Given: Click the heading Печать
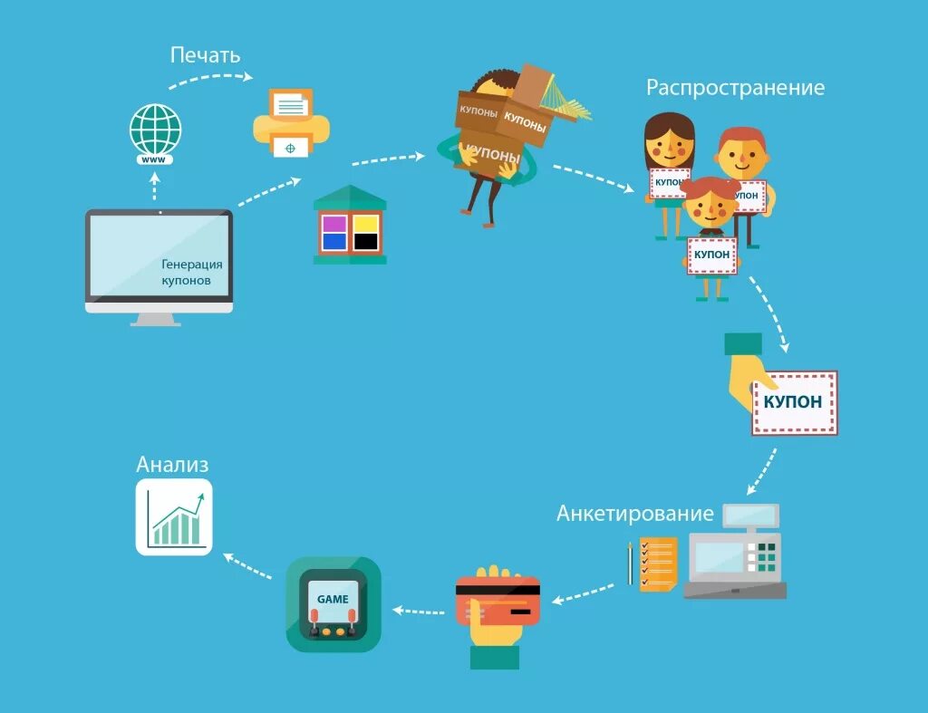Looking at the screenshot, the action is click(205, 55).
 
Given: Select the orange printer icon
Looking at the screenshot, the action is click(291, 121).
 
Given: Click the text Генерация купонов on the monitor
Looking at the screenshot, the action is click(191, 272).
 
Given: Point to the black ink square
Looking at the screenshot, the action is click(364, 241).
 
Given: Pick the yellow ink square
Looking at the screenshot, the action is click(364, 223).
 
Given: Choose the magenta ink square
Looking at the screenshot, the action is click(333, 223).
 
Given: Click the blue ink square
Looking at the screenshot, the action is click(333, 241).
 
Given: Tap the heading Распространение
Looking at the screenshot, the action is click(735, 88).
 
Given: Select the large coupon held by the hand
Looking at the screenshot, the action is click(795, 402).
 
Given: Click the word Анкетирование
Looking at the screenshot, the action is click(635, 514).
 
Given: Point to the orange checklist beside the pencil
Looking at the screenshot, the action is click(658, 564).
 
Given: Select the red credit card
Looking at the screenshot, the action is click(498, 601).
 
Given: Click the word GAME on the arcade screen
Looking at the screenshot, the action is click(333, 599).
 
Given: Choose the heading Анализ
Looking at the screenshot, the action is click(172, 465).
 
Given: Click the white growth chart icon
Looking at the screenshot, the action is click(174, 517).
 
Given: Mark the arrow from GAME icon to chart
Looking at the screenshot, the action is click(248, 567).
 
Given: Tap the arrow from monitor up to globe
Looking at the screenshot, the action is click(154, 188).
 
